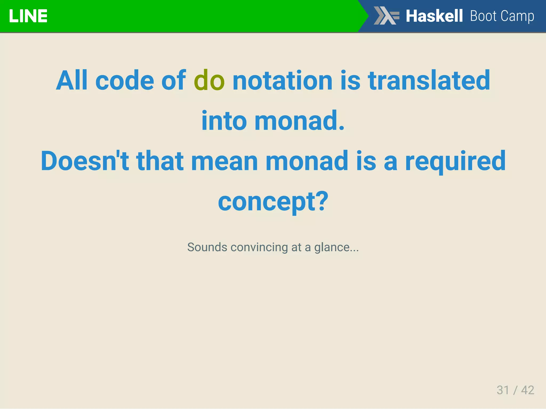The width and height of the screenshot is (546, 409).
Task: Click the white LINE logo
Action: click(28, 16)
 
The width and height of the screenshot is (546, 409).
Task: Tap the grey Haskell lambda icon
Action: click(386, 16)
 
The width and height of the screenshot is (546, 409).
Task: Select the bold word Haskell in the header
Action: click(434, 16)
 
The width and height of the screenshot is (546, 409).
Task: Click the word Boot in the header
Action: click(483, 16)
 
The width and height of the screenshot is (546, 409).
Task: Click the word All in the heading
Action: click(72, 80)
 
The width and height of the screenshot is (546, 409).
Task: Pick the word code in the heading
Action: click(125, 80)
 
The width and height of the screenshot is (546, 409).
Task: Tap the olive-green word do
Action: click(209, 80)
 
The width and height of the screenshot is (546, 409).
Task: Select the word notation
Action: click(282, 80)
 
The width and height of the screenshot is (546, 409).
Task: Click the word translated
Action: click(429, 80)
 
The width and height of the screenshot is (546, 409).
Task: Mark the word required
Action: click(455, 161)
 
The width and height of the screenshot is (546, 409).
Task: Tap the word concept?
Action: click(273, 202)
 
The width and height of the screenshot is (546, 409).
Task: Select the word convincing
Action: click(259, 247)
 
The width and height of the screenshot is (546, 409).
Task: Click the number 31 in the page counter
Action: click(503, 390)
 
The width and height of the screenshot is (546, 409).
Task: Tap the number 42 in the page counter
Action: click(528, 390)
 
